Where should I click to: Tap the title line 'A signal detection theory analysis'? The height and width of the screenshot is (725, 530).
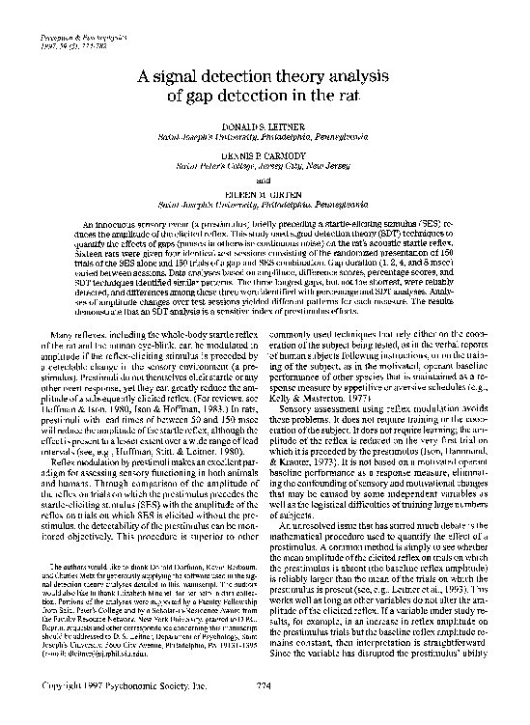point(265,79)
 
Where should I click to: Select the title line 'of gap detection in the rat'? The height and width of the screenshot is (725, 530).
point(265,98)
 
